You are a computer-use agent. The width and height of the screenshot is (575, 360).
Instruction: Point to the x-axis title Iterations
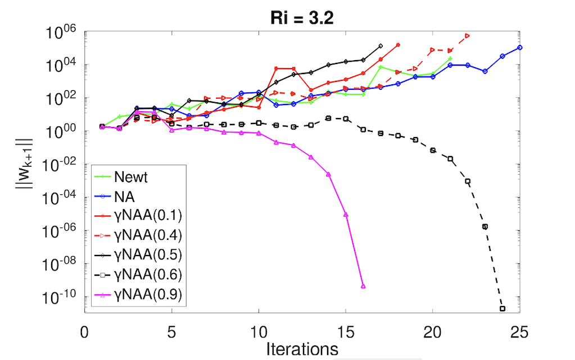(x=302, y=348)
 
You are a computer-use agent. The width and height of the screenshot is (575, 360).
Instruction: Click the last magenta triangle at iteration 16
(x=363, y=286)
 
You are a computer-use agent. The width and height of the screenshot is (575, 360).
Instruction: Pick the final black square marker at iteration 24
(x=502, y=308)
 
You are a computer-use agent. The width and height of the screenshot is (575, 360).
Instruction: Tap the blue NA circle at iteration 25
(x=520, y=48)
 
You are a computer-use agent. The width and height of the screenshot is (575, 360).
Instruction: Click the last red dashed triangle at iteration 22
(x=468, y=36)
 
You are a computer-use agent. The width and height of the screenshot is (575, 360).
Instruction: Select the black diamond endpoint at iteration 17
(x=381, y=46)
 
